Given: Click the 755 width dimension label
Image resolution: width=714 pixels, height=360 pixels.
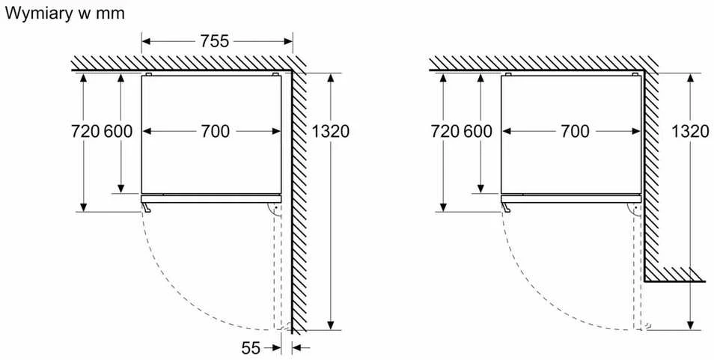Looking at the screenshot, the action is click(215, 41).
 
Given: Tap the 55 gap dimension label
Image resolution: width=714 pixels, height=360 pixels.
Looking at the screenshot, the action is click(251, 348).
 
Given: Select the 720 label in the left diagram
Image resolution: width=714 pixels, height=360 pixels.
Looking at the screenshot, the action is click(85, 132).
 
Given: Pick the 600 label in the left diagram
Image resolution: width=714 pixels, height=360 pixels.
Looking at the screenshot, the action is click(118, 132).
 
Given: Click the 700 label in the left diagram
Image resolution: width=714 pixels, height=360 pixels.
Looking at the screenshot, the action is click(215, 132).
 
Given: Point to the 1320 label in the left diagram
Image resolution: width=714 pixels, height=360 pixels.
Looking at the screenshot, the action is click(330, 132).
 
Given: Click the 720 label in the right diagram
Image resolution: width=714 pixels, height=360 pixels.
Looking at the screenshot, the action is click(445, 132).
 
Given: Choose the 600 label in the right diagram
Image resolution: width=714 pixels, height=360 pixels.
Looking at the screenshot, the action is click(477, 132).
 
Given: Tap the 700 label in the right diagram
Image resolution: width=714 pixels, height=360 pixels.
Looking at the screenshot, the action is click(575, 132).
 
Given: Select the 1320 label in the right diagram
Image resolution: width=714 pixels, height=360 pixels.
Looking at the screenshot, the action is click(690, 132).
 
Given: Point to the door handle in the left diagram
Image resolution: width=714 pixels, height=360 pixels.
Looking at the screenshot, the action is click(145, 207).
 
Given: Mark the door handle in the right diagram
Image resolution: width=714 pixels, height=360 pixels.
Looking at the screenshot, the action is click(505, 207).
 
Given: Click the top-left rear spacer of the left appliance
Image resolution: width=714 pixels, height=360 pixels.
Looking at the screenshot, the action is click(148, 74).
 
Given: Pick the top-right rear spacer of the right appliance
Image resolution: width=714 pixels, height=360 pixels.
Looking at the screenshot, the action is click(635, 74).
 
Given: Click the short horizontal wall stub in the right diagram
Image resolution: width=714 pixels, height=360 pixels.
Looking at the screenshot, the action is click(675, 275).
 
